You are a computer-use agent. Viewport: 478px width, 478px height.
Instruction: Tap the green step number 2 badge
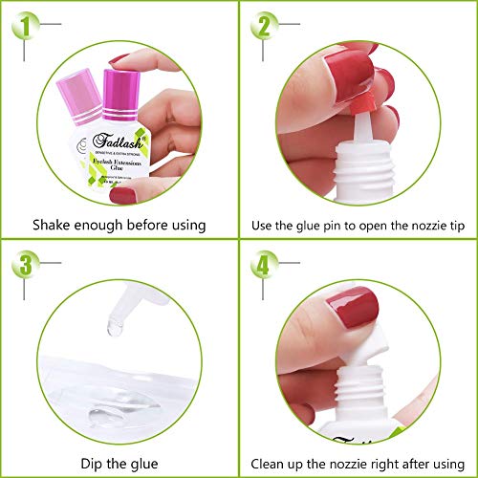coord(263,25)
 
